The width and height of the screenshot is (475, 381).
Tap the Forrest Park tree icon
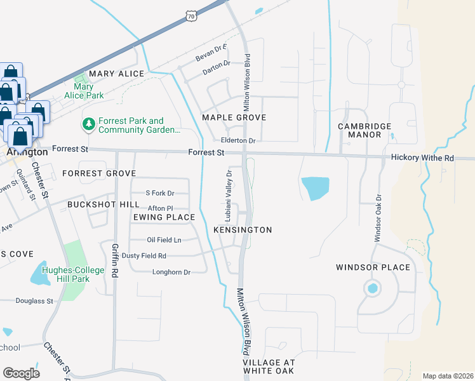(x=88, y=124)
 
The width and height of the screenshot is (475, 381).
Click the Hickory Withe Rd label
(x=422, y=157)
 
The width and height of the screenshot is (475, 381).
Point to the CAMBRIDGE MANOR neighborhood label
(x=365, y=131)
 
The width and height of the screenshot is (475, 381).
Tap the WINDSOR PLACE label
(x=373, y=267)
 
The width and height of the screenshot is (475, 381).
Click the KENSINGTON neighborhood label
(x=243, y=230)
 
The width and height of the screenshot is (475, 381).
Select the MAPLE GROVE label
(x=234, y=117)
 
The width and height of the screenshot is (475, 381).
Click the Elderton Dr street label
(x=237, y=141)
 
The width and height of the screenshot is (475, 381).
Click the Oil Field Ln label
(x=164, y=240)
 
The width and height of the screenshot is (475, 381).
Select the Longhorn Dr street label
(x=171, y=272)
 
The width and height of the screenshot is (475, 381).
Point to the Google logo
(x=21, y=373)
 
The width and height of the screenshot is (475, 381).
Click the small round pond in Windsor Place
(x=371, y=289)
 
